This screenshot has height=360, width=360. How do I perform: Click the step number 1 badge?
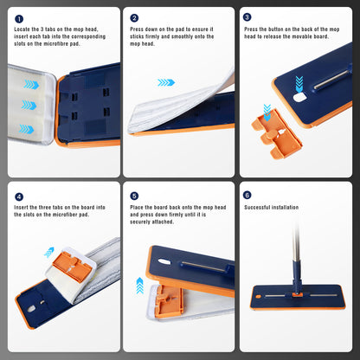tap(19, 19)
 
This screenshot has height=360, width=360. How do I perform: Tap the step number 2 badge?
tap(134, 18)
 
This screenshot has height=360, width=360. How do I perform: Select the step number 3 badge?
tap(247, 17)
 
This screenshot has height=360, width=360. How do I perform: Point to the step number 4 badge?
tap(19, 197)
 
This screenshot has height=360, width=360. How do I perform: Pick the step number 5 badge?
tap(134, 196)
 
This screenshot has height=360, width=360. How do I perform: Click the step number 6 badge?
tap(247, 195)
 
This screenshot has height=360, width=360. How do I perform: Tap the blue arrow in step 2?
tap(166, 83)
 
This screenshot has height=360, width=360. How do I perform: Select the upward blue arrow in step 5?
tap(140, 286)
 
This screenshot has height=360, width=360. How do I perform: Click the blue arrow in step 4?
tap(49, 252)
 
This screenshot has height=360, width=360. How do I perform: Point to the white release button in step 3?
tap(299, 98)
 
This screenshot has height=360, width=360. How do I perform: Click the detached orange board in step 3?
tap(276, 133)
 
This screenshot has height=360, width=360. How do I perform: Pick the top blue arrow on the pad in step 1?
tap(31, 85)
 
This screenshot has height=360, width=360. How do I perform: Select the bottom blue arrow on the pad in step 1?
tap(27, 129)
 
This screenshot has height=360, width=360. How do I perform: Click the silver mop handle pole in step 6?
tap(296, 241)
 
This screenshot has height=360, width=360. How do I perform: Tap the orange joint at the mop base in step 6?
tap(296, 294)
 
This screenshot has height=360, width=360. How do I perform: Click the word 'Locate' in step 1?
tap(22, 29)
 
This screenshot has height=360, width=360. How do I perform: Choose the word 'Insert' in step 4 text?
tap(22, 208)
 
